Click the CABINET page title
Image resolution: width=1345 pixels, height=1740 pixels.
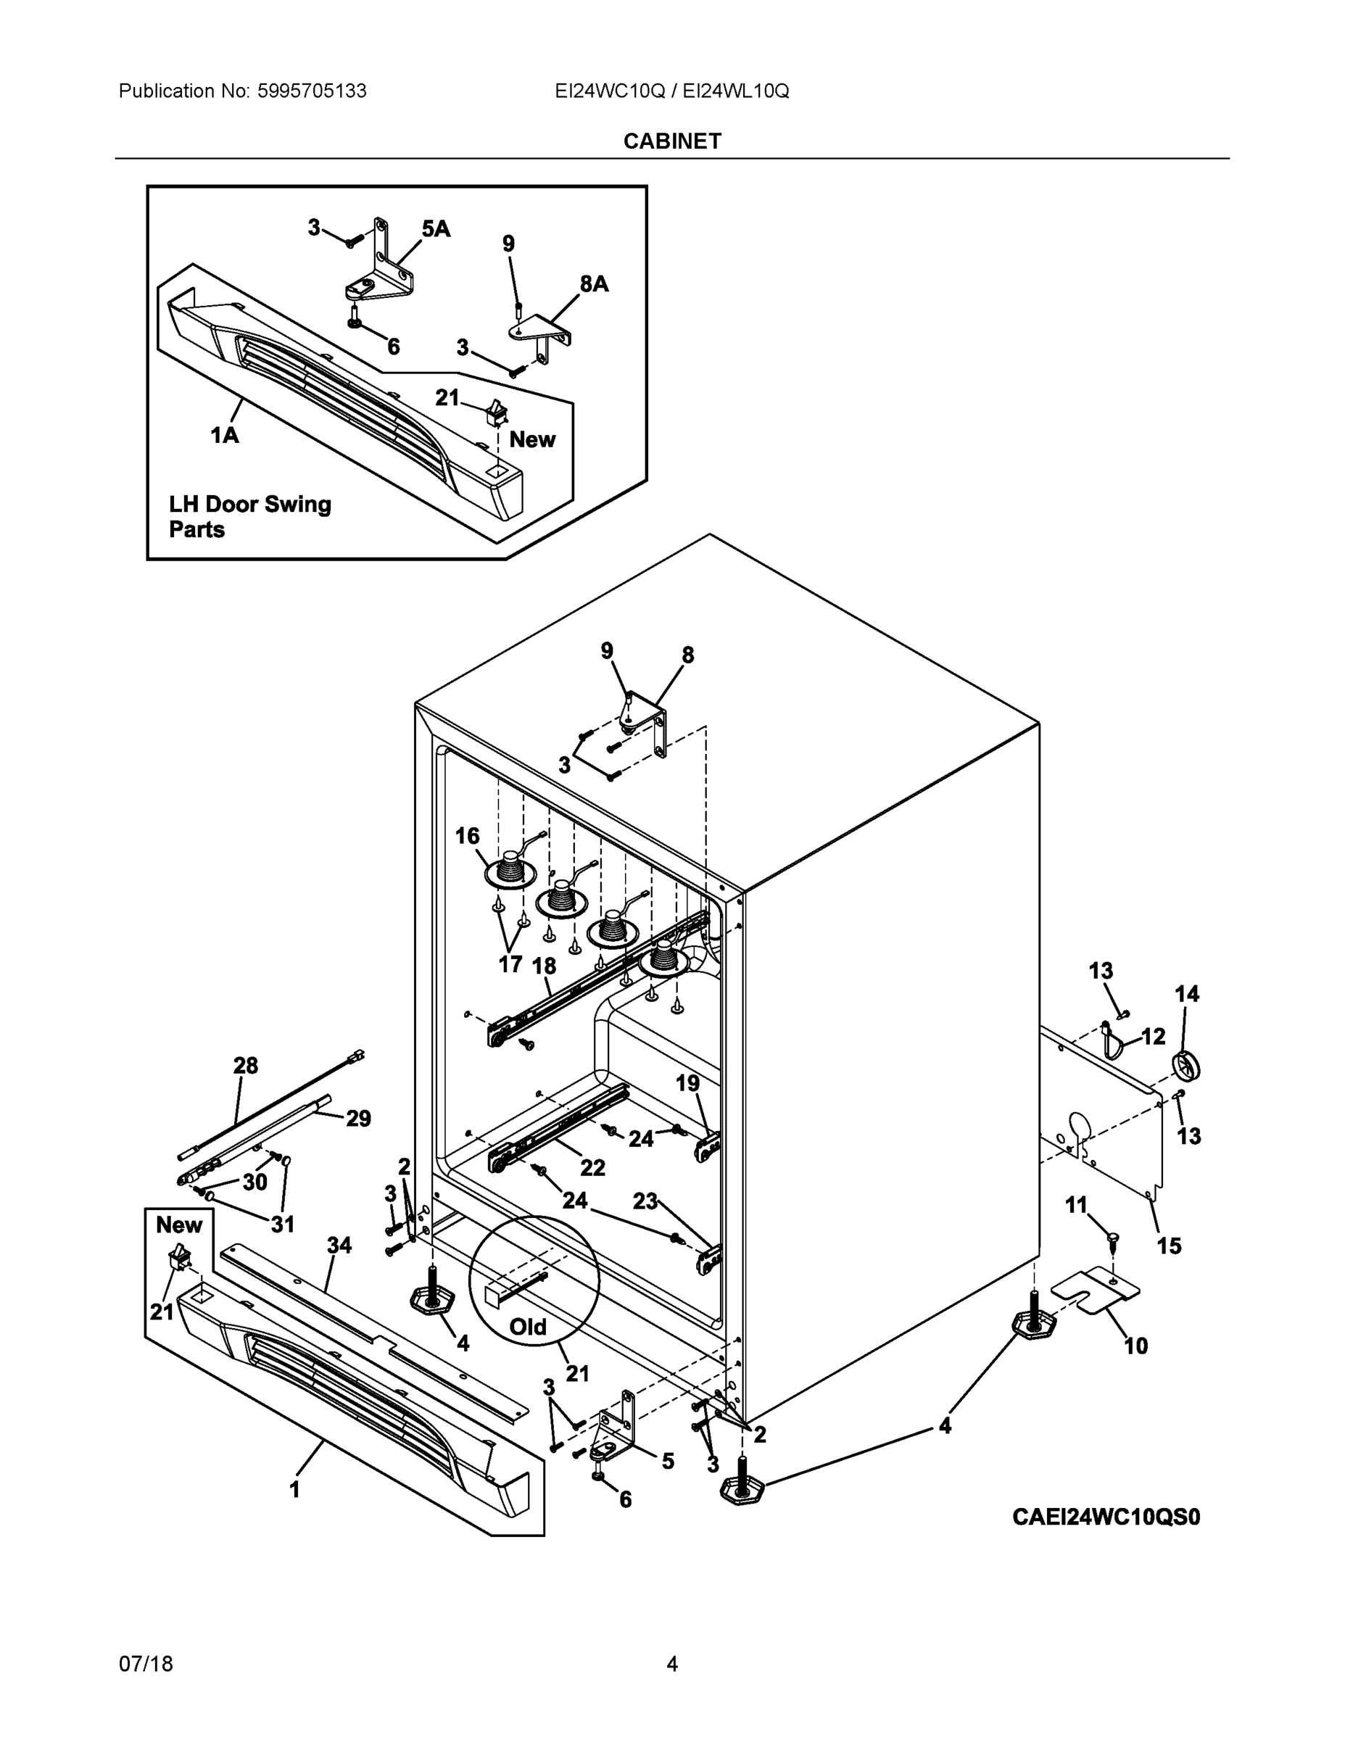(x=671, y=141)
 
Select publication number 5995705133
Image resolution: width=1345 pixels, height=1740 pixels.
(x=312, y=91)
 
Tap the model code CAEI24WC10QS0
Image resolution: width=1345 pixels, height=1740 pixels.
(x=1105, y=1517)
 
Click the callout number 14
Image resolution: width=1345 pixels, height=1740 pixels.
(x=1186, y=993)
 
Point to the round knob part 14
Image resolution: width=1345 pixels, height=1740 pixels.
(x=1186, y=1066)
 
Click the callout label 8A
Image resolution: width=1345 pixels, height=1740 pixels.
(x=594, y=283)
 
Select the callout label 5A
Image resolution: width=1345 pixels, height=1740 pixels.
(x=436, y=229)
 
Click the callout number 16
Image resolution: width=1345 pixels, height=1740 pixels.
(x=467, y=836)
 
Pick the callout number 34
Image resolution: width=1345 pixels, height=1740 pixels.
(x=339, y=1246)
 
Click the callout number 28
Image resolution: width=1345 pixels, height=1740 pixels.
(x=245, y=1065)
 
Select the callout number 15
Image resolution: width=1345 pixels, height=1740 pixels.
(x=1169, y=1246)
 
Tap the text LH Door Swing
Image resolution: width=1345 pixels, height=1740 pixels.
(x=249, y=505)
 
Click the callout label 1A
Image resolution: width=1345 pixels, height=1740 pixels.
(x=225, y=435)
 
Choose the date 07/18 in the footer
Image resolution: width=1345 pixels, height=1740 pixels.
(x=146, y=1665)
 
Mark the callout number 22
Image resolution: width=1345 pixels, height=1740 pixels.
(x=592, y=1168)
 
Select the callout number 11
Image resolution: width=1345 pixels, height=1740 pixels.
(x=1076, y=1206)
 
